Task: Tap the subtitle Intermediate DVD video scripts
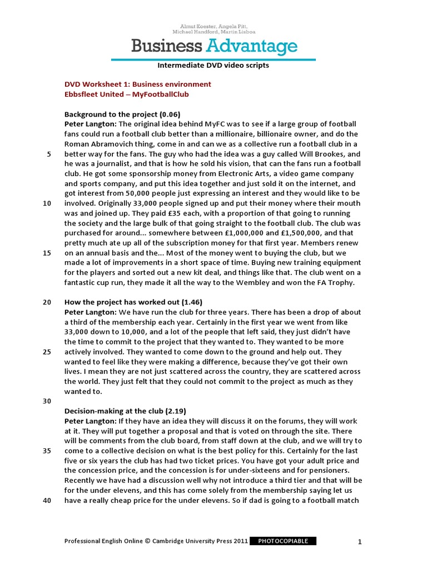213,66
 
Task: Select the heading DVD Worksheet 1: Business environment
138,84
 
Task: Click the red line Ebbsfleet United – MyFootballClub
127,94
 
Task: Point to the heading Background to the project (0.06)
122,114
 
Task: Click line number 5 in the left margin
49,154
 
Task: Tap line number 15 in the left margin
47,253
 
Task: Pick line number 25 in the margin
47,352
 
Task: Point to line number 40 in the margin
47,500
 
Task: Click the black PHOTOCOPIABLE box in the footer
284,541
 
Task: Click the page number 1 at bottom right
360,542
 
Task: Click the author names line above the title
213,29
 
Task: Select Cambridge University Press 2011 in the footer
200,541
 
